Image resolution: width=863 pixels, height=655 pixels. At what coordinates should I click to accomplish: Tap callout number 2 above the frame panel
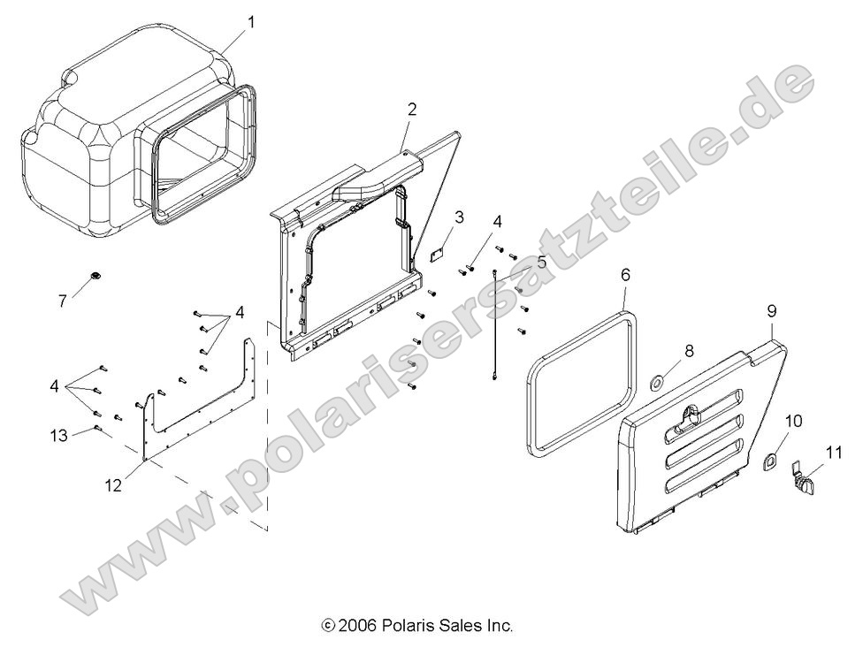(412, 110)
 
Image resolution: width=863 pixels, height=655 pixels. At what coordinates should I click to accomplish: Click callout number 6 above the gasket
(625, 275)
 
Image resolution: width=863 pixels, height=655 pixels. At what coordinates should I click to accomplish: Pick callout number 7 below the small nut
(63, 301)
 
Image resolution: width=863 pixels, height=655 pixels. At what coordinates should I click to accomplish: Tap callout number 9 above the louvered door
(772, 310)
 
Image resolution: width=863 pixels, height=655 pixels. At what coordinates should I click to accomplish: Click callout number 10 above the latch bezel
(793, 421)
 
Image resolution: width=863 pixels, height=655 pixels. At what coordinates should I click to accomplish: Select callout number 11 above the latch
(829, 453)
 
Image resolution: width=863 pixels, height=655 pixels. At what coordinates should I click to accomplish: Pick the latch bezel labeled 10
(771, 460)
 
